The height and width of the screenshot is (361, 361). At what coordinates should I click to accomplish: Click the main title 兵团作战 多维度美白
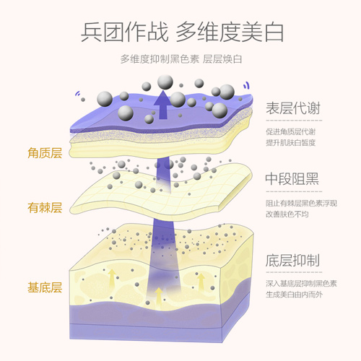[182, 32]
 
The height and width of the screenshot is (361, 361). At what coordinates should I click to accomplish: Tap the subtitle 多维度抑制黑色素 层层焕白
[181, 59]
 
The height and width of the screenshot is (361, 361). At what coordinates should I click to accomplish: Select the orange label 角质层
[45, 153]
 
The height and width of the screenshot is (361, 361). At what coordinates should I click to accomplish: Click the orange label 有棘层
[45, 208]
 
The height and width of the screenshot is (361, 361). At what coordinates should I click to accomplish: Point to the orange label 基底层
[45, 287]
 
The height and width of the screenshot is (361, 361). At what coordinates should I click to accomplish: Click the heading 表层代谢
[293, 108]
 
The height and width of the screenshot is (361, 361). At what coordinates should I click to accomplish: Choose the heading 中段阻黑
[292, 179]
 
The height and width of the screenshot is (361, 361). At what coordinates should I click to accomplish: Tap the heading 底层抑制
[292, 260]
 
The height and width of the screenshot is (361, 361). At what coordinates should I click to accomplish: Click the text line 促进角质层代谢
[290, 131]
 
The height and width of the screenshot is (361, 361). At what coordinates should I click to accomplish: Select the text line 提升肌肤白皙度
[290, 142]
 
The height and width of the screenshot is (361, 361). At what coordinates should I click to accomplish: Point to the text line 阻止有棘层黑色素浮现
[301, 203]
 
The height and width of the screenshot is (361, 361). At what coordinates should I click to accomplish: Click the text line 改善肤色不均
[287, 214]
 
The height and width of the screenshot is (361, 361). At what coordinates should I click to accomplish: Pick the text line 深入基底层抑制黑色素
[301, 284]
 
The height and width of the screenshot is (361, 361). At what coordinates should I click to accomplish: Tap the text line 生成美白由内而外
[294, 295]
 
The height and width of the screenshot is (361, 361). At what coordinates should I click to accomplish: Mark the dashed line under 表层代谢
[294, 120]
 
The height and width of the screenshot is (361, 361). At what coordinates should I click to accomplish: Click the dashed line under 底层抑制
[294, 272]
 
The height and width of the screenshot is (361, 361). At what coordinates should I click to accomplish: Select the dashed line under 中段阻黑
[294, 191]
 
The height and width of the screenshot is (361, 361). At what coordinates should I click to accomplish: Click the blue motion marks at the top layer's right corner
[246, 85]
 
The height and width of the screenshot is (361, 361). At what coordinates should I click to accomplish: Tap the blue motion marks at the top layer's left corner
[77, 93]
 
